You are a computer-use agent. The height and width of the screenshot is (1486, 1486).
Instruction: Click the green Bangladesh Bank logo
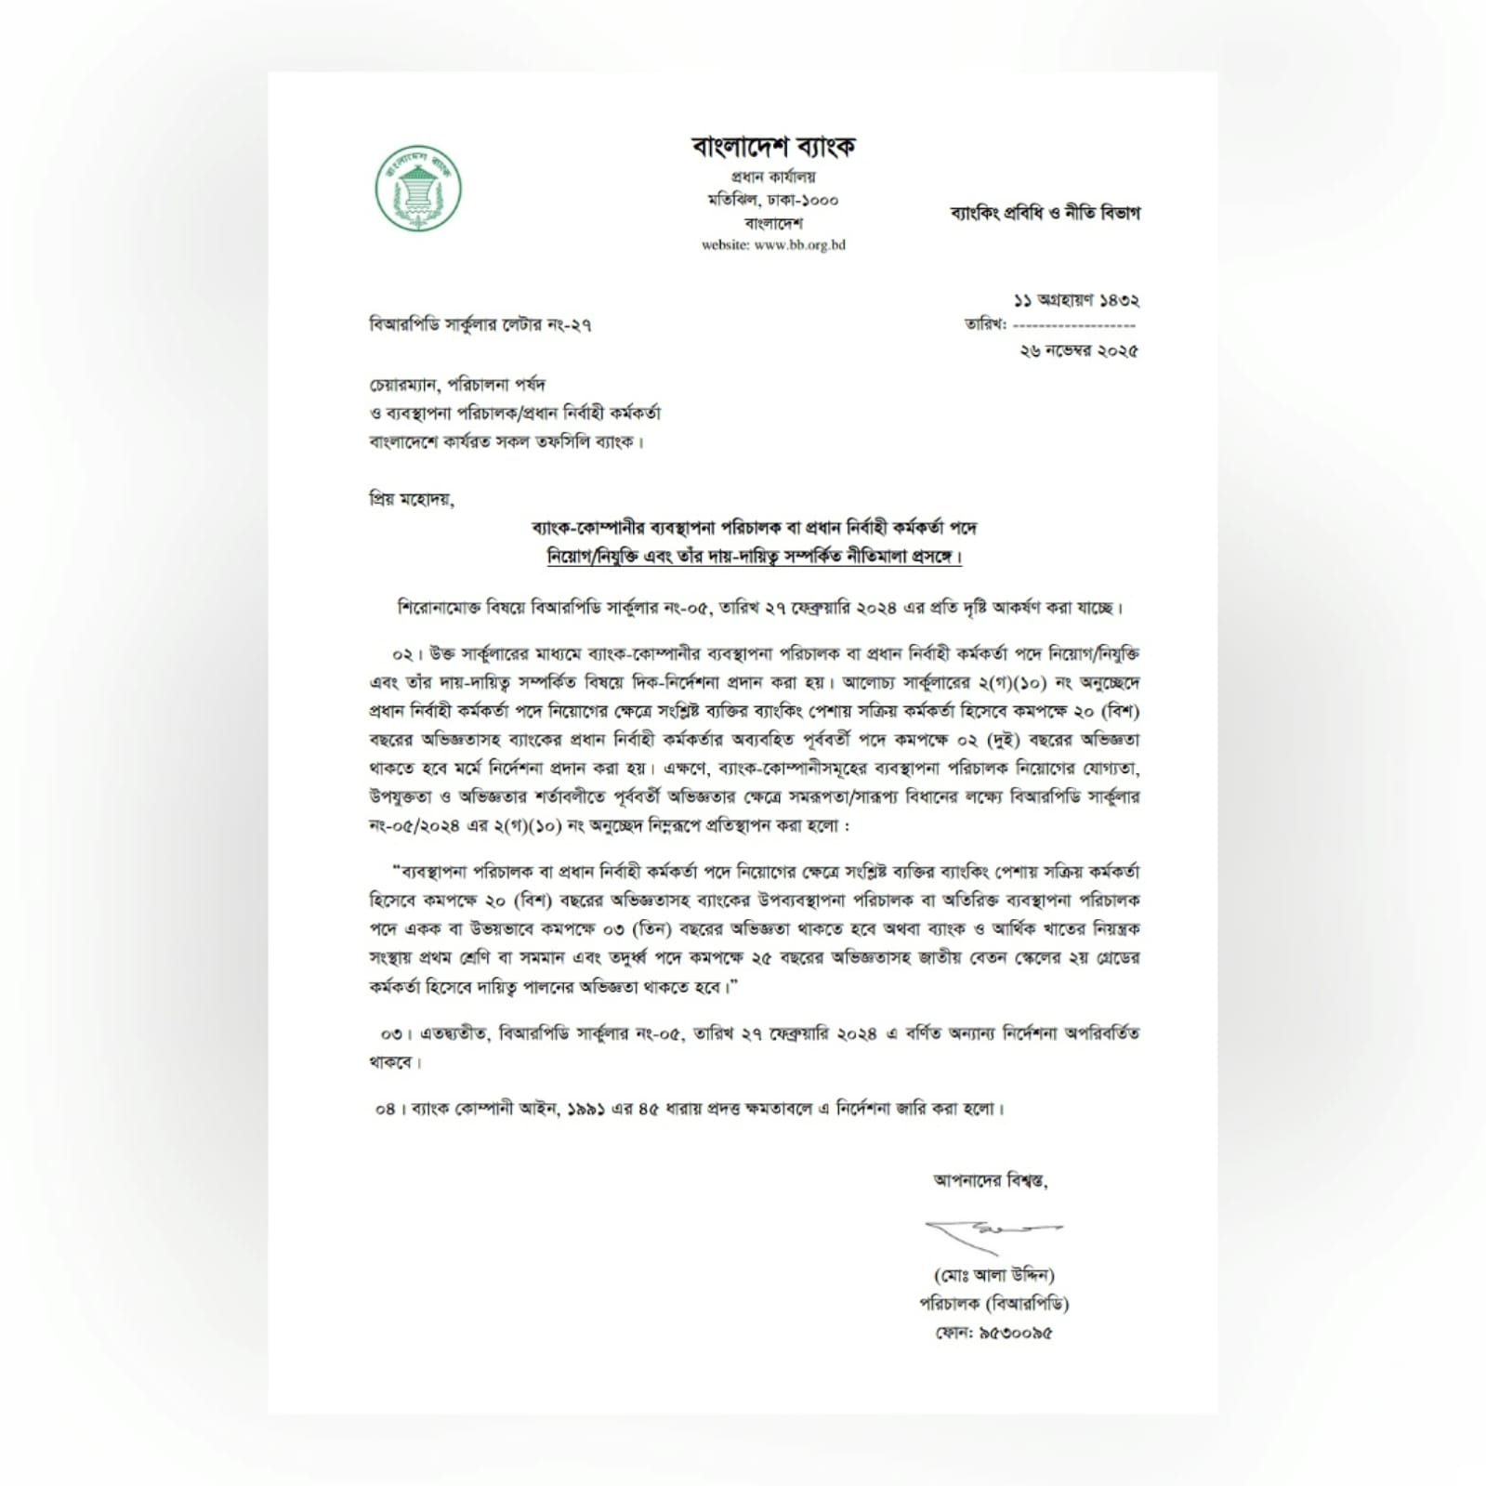[x=418, y=189]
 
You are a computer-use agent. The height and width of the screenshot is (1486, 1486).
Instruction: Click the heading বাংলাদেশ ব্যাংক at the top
[x=773, y=146]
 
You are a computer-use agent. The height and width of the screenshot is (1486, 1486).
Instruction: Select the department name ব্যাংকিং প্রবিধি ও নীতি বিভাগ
[x=1044, y=213]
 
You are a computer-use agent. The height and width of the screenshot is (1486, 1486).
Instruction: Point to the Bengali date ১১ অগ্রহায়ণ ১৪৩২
[x=1076, y=300]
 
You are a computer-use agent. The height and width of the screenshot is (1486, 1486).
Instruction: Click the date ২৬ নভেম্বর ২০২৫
[x=1078, y=350]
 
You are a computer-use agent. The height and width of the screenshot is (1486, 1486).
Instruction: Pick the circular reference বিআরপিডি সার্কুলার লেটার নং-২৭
[x=480, y=325]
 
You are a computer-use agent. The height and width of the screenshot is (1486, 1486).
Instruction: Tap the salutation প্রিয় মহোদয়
[x=411, y=499]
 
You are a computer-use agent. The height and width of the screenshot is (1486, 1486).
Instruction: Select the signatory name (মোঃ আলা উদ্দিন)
[x=994, y=1275]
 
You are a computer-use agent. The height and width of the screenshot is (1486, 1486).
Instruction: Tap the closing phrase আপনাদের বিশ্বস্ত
[x=991, y=1181]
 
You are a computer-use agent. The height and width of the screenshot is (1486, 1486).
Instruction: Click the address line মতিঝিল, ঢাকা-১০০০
[x=773, y=200]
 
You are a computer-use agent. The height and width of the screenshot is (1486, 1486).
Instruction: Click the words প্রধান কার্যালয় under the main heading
[x=773, y=177]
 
